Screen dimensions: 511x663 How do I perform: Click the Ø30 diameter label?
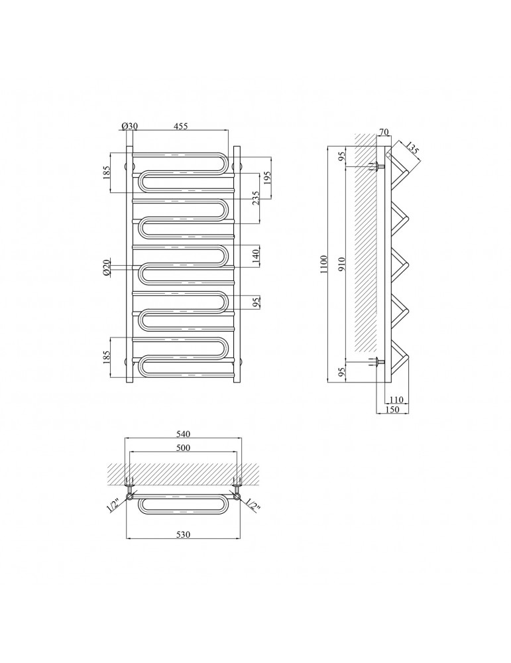tap(130, 126)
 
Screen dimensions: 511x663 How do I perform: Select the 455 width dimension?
tap(180, 126)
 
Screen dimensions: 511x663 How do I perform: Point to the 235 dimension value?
tap(255, 198)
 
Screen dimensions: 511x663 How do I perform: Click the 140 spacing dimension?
tap(255, 256)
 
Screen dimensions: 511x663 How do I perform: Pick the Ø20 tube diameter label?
tap(107, 268)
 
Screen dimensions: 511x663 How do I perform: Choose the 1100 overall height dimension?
tap(323, 265)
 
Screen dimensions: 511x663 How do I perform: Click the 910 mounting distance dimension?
tap(342, 265)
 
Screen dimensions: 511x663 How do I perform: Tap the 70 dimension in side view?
tap(383, 132)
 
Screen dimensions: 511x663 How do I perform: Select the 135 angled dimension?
tap(412, 149)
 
